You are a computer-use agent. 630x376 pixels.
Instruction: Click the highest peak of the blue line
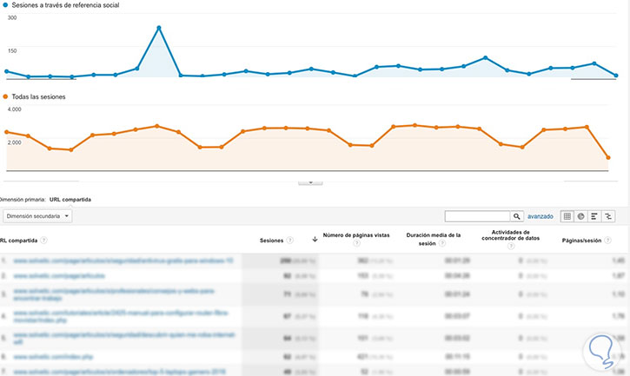pyautogui.click(x=159, y=28)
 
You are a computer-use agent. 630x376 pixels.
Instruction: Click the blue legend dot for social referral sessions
pyautogui.click(x=5, y=5)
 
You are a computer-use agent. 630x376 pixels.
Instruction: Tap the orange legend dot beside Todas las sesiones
pyautogui.click(x=5, y=98)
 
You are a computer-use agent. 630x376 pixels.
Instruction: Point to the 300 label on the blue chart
pyautogui.click(x=11, y=42)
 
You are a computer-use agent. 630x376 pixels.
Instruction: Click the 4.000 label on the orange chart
pyautogui.click(x=14, y=110)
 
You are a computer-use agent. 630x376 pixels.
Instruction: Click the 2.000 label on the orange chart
pyautogui.click(x=14, y=142)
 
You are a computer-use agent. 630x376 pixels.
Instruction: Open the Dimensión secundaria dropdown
pyautogui.click(x=36, y=215)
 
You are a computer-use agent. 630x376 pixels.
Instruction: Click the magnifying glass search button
pyautogui.click(x=516, y=216)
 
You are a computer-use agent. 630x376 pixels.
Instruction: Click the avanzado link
pyautogui.click(x=540, y=216)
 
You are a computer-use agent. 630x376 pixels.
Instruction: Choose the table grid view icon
pyautogui.click(x=567, y=216)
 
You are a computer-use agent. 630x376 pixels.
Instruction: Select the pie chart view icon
pyautogui.click(x=580, y=216)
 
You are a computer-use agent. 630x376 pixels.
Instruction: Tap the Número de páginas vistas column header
pyautogui.click(x=356, y=235)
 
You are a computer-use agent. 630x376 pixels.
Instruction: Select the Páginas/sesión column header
pyautogui.click(x=582, y=241)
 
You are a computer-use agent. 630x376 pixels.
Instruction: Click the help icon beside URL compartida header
pyautogui.click(x=44, y=241)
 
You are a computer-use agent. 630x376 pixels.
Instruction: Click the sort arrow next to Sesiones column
pyautogui.click(x=314, y=241)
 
